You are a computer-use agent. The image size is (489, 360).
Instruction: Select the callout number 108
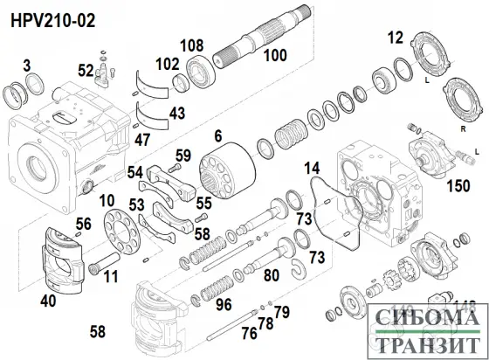click(x=192, y=45)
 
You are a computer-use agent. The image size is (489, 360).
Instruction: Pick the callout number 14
click(x=311, y=167)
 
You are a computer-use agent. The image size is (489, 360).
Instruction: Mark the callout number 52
click(x=86, y=70)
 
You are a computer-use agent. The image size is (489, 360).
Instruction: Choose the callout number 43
click(x=177, y=114)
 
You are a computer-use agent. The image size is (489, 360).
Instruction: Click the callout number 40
click(x=47, y=300)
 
